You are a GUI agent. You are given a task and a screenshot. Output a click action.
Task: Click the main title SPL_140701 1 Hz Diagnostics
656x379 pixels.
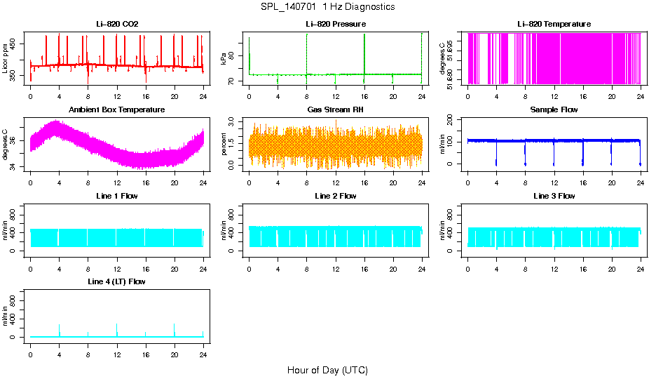(x=327, y=6)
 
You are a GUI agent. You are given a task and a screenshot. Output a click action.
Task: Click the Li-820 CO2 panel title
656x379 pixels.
(x=117, y=24)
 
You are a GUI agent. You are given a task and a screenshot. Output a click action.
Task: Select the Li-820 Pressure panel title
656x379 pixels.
(x=336, y=24)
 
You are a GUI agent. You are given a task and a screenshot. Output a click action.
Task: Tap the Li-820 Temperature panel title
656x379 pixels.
(x=554, y=24)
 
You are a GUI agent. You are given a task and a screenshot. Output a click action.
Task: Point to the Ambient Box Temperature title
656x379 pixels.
(x=117, y=109)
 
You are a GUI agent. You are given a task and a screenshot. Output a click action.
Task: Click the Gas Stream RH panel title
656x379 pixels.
(x=336, y=109)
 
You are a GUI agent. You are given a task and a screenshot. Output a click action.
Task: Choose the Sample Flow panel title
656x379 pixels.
(x=554, y=109)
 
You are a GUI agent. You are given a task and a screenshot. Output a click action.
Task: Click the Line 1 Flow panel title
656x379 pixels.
(x=117, y=196)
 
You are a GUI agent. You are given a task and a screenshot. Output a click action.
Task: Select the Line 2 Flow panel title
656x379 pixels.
(x=336, y=196)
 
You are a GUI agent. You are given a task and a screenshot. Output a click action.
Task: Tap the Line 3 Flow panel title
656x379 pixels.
(x=554, y=196)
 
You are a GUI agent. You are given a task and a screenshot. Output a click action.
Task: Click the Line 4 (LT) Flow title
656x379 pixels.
(x=117, y=281)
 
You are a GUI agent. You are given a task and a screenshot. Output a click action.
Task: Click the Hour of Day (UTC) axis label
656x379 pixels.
(x=327, y=370)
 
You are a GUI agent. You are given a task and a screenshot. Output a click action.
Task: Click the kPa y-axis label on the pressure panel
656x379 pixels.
(x=224, y=59)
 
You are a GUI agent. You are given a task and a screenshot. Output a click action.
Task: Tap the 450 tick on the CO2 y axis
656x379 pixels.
(x=15, y=44)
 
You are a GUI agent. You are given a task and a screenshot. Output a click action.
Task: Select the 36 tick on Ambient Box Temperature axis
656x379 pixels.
(x=15, y=141)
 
